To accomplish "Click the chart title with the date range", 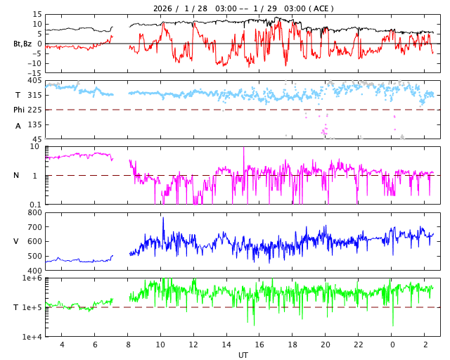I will (243, 8).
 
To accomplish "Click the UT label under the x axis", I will (243, 355).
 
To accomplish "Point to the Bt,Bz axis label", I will (22, 44).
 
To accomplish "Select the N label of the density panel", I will (17, 175).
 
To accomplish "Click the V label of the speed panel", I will (16, 241).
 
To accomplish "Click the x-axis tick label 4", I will (62, 345).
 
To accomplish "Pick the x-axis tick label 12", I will (193, 345).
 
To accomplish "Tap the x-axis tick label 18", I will (292, 345).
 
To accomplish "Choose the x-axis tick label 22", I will (358, 345).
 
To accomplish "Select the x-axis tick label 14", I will (226, 345).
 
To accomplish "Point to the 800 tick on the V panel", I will (34, 212).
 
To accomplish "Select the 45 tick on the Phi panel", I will (37, 139).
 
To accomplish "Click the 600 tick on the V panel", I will (34, 241).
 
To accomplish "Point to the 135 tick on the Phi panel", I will (34, 124).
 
